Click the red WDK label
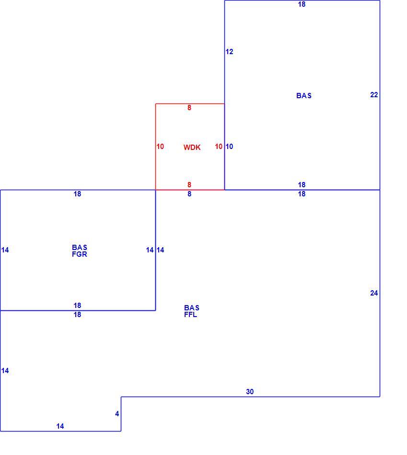coord(192,148)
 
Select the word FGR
coord(80,254)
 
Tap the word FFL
coord(191,315)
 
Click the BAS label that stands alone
coord(304,96)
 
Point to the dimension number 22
coord(374,95)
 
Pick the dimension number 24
coord(374,293)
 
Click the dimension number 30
coord(250,392)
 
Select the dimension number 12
coord(230,52)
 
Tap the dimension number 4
coord(117,414)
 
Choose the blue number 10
coord(230,147)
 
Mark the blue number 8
coord(189,194)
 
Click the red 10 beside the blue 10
coord(219,147)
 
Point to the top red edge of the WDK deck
coord(190,103)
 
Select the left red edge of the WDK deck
coord(156,147)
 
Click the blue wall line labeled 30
coord(250,397)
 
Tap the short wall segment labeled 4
coord(121,414)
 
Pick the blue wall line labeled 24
coord(380,294)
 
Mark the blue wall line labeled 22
coord(380,95)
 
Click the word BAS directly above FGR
coord(80,248)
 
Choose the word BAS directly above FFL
coord(192,308)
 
